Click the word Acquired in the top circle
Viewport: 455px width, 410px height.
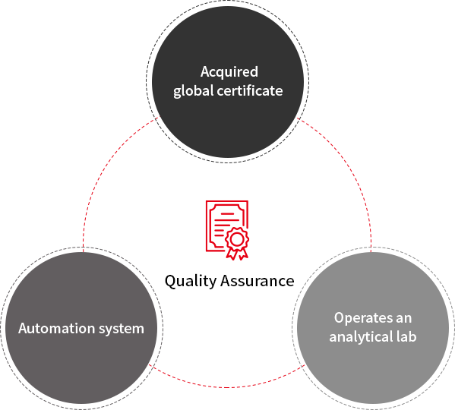coord(229,72)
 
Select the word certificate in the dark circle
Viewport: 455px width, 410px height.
coord(250,90)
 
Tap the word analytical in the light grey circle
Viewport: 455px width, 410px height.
coord(360,336)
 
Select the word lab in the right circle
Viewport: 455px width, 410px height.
coord(406,336)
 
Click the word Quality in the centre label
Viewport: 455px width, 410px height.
coord(191,281)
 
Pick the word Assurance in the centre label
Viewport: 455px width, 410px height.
coord(257,281)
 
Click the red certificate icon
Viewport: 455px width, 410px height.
coord(227,230)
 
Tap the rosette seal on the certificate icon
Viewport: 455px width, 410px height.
coord(237,239)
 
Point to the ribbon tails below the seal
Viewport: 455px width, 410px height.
coord(237,254)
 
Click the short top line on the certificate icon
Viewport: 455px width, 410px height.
coord(227,213)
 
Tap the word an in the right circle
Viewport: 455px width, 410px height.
coord(403,319)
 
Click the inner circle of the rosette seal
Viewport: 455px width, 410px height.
coord(237,239)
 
